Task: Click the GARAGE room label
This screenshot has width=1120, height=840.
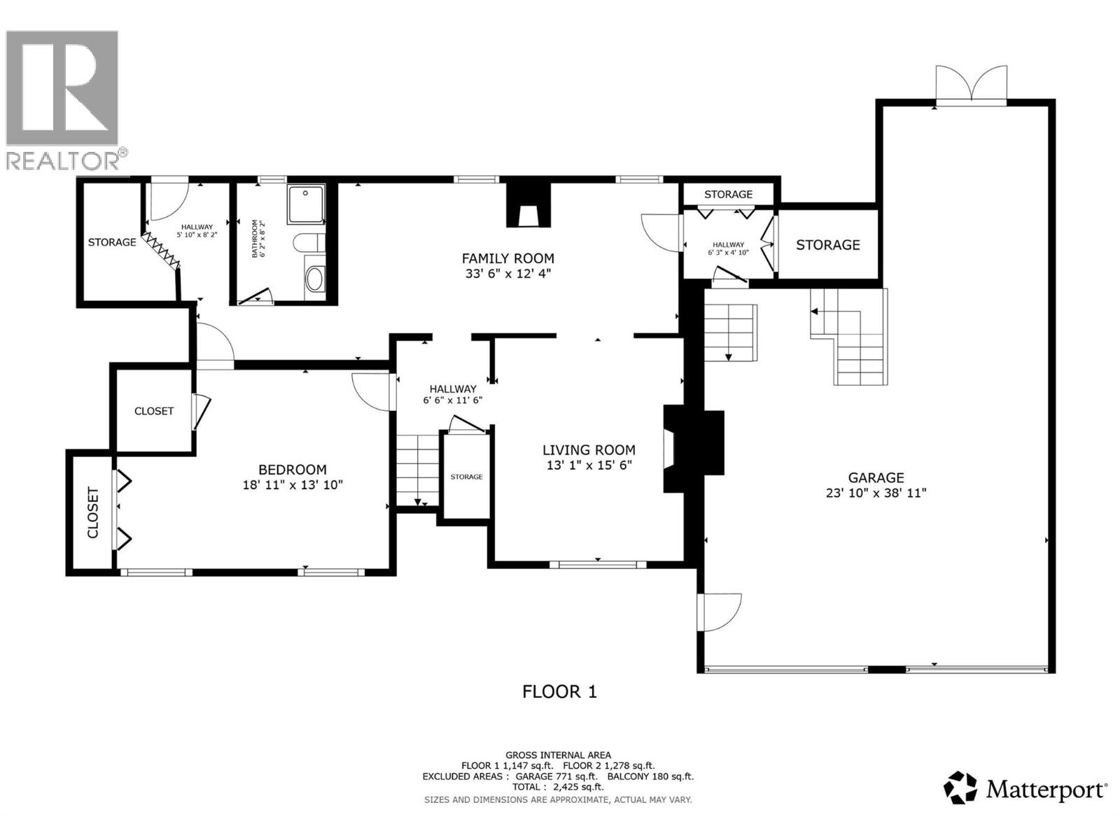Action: point(876,477)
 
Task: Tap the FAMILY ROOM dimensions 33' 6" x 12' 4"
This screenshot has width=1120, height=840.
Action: point(508,274)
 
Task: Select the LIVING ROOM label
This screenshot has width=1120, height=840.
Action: point(589,450)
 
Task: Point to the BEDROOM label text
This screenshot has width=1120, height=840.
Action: point(293,470)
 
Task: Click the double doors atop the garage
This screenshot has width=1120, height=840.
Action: point(971,86)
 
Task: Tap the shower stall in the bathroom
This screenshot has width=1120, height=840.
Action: point(306,204)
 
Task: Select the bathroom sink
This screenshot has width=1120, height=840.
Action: point(314,279)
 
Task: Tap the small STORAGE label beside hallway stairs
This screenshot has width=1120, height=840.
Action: point(466,477)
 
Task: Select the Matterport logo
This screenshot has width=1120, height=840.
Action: point(1025,789)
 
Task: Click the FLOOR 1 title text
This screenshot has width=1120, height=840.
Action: point(559,692)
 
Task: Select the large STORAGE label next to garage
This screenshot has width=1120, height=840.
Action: point(827,244)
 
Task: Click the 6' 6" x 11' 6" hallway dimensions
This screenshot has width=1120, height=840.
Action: point(452,400)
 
